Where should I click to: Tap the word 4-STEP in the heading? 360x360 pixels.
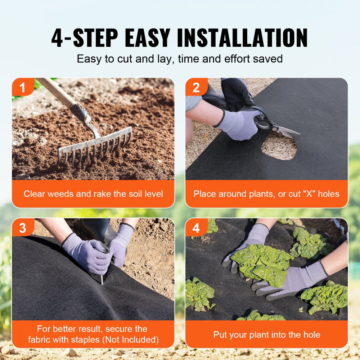84,37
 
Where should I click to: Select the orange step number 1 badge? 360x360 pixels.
22,87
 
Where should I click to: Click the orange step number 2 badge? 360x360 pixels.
196,87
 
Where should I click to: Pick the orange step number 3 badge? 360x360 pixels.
22,228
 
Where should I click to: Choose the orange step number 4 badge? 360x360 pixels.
196,228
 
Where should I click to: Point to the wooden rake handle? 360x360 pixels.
59,94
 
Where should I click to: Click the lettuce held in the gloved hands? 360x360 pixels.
263,263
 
